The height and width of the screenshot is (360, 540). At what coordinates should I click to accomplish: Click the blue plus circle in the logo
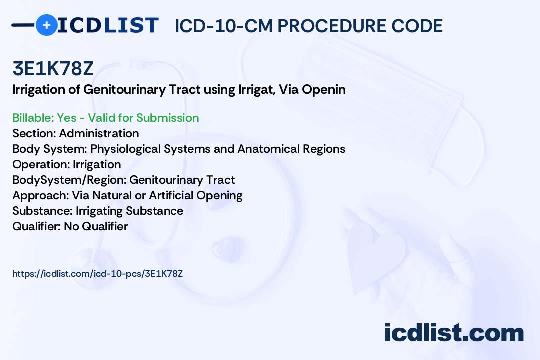(x=46, y=25)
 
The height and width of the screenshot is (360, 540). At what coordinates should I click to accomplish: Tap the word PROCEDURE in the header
(x=332, y=26)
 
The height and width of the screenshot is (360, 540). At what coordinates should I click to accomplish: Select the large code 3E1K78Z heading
(x=53, y=68)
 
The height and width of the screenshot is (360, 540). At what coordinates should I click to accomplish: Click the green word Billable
(x=33, y=118)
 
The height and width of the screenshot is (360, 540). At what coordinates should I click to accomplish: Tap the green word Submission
(x=167, y=118)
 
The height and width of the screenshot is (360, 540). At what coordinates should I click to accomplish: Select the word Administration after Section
(x=99, y=133)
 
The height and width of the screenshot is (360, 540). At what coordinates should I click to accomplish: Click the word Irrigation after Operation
(x=97, y=165)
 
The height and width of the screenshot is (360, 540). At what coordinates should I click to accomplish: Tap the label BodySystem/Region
(x=69, y=180)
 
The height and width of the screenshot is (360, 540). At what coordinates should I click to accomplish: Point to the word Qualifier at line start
(x=37, y=226)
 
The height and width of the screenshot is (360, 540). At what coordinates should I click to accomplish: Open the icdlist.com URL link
(x=98, y=274)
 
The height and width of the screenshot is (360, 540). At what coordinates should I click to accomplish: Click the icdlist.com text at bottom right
(x=454, y=333)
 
